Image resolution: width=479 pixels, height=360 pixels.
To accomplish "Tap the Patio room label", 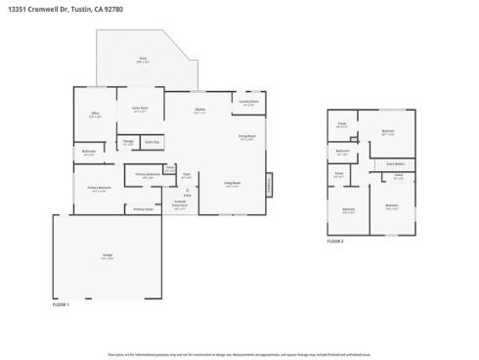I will click(x=143, y=60).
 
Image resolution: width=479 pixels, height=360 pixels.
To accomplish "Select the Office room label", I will click(x=96, y=114).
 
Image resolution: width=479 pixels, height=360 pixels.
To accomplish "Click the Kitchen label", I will click(x=198, y=110).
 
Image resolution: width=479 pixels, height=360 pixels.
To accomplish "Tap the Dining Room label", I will click(x=246, y=137).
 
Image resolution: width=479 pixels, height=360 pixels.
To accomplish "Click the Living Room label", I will click(x=232, y=185).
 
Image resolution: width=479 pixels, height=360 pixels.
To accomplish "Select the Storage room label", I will click(x=128, y=143).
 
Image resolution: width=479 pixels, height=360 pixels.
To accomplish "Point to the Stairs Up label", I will click(x=152, y=143).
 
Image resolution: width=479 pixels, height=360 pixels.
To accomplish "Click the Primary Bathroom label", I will click(x=148, y=175).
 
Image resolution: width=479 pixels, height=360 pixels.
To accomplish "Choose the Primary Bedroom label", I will click(x=99, y=189).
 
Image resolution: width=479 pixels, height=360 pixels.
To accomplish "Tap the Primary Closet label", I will click(x=143, y=209).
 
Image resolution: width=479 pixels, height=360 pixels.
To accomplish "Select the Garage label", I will click(x=107, y=256).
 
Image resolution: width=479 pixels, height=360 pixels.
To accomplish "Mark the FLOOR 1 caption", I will click(x=62, y=304).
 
